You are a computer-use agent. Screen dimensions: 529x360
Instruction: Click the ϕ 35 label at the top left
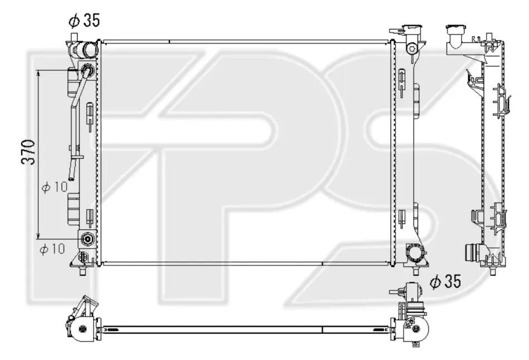(84, 21)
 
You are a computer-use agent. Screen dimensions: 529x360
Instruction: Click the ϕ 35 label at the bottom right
(445, 282)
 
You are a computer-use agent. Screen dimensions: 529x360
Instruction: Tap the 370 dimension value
(28, 152)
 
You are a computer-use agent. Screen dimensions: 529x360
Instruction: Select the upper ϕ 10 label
(55, 187)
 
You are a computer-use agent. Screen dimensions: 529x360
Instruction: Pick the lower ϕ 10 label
(52, 249)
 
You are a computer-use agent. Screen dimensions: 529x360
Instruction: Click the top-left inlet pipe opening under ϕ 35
(90, 50)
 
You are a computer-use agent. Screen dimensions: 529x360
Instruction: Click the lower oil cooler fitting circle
(88, 239)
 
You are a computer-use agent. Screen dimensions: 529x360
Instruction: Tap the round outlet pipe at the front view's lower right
(414, 253)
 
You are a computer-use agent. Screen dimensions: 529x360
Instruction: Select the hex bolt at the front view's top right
(412, 48)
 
